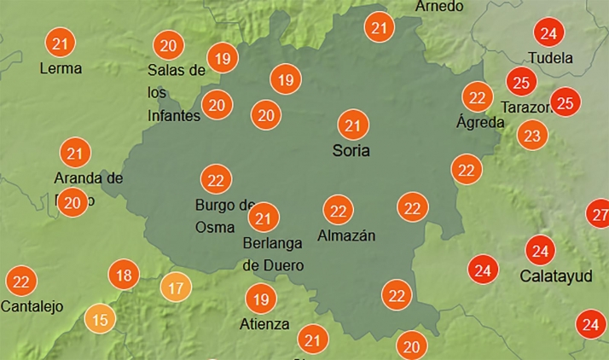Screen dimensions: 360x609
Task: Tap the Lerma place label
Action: (61, 67)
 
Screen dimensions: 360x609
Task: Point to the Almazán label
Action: (345, 235)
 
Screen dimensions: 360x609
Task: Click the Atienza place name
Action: (265, 324)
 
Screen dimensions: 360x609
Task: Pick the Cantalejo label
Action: (32, 306)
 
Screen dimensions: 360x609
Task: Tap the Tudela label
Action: (550, 58)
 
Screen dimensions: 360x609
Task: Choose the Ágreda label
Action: (480, 121)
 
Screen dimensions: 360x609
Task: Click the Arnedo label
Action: (440, 7)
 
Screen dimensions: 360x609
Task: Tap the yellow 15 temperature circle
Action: (101, 321)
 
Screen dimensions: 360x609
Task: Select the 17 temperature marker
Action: (176, 287)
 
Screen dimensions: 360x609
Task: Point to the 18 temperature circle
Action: (125, 275)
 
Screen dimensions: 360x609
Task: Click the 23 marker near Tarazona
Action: (532, 135)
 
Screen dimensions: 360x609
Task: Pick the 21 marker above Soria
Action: (351, 125)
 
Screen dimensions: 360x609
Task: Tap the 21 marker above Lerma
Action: (60, 43)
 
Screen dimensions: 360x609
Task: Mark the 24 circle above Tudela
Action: (549, 34)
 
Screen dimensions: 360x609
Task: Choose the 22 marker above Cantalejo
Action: (21, 281)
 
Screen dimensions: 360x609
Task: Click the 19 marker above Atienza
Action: (261, 299)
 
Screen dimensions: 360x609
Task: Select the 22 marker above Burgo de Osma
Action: (217, 179)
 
